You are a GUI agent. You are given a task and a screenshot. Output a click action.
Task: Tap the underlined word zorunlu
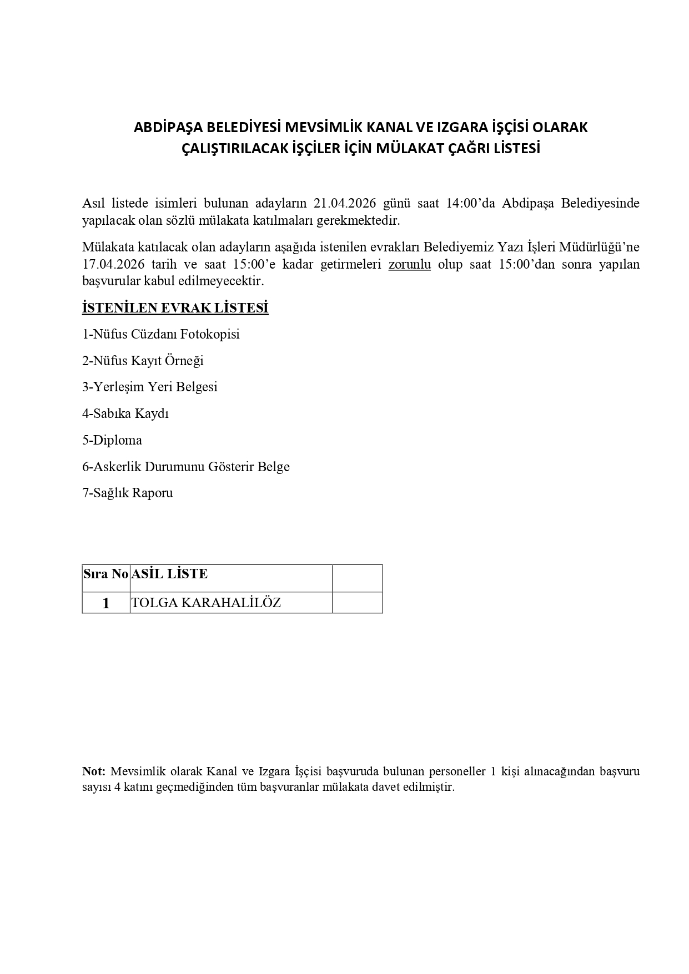(410, 264)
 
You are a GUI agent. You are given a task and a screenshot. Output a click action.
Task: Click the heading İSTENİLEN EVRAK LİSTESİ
(175, 308)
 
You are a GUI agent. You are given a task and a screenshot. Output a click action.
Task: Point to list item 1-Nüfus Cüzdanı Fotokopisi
(161, 334)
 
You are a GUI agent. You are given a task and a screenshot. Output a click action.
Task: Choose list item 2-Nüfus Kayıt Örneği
(143, 361)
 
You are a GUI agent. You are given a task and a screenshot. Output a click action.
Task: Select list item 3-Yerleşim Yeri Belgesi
(150, 387)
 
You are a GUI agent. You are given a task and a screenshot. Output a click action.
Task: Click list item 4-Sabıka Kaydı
(125, 413)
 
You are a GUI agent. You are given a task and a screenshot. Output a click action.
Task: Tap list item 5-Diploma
(112, 440)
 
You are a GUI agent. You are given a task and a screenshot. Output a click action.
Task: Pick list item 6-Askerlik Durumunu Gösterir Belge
(186, 467)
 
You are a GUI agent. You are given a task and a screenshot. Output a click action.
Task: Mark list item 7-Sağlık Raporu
(128, 493)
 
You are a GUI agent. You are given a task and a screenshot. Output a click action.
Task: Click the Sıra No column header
(105, 574)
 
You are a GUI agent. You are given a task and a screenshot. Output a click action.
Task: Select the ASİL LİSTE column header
(169, 574)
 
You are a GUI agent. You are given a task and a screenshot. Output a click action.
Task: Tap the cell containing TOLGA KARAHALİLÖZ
(206, 603)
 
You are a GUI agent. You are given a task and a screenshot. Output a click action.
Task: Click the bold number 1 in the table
(106, 603)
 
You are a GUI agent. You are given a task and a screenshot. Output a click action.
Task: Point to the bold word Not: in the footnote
(94, 771)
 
